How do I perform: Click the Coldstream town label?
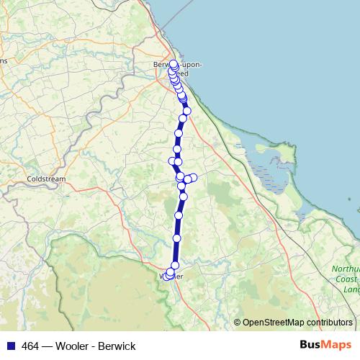45,178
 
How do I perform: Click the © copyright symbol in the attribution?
237,323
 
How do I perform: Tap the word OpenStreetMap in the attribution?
274,323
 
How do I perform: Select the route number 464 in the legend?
32,346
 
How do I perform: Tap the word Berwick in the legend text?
118,346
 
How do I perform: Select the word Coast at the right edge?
347,279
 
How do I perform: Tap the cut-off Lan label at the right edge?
351,289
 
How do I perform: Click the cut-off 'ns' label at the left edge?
4,60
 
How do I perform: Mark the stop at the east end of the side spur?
193,177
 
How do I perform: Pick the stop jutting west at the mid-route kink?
172,161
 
